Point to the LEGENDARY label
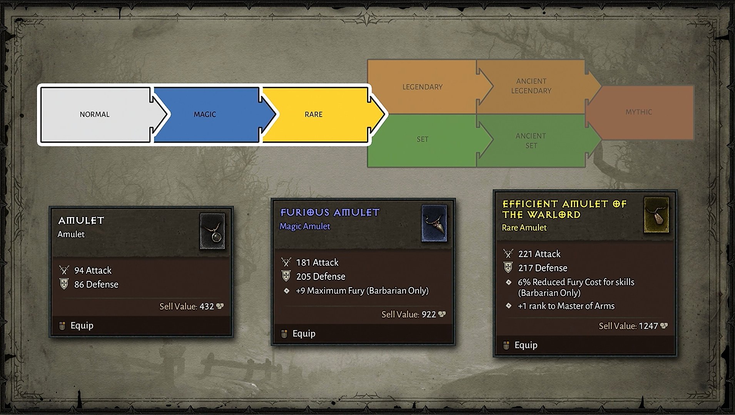point(423,87)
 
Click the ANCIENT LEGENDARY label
point(531,86)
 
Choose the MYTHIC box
point(639,112)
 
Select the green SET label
point(422,139)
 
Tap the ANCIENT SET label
point(531,141)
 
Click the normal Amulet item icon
point(212,231)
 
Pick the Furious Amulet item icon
point(434,223)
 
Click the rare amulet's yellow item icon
point(656,215)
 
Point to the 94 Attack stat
point(93,271)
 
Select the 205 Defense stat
point(321,277)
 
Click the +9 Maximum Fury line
point(362,291)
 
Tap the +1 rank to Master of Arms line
point(566,306)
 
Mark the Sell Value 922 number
point(429,314)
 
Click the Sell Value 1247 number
point(648,326)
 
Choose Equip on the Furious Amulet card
point(304,334)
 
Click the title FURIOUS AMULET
point(330,212)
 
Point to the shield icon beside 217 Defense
point(508,267)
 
